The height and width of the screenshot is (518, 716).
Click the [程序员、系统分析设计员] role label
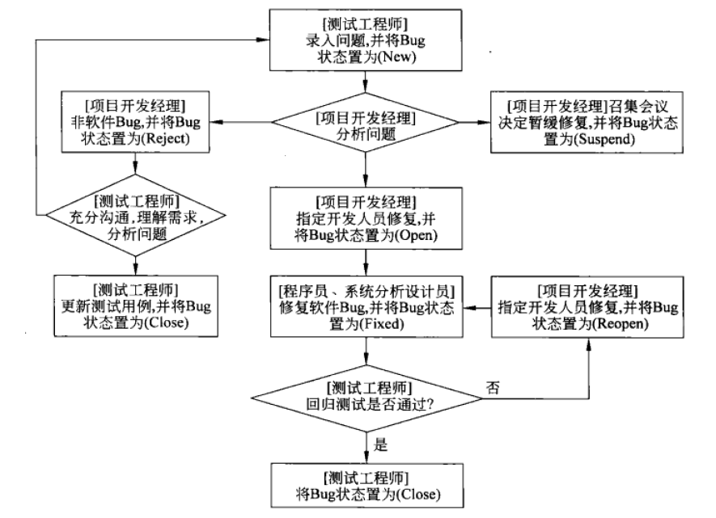click(367, 289)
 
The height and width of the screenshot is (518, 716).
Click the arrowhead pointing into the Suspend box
click(488, 122)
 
